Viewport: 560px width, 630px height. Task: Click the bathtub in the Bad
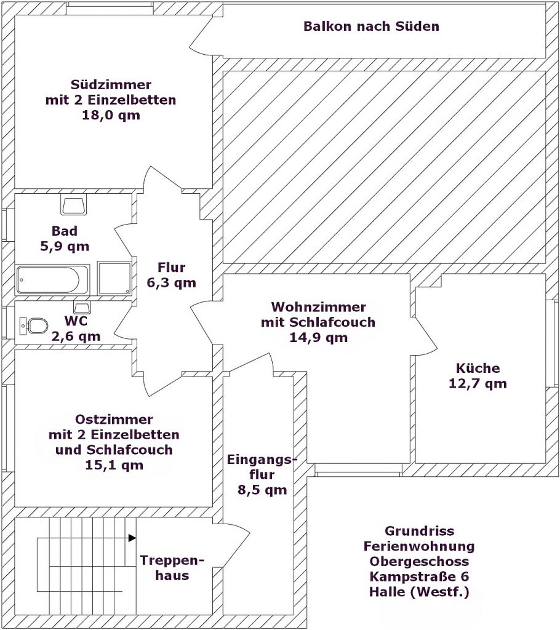pos(52,280)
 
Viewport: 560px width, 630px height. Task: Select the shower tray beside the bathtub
pos(114,278)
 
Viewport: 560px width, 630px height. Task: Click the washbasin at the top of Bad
pos(74,204)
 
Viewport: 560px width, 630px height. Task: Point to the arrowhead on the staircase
pos(132,538)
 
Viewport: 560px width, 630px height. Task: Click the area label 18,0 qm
pos(111,115)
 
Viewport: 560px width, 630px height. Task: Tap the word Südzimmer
pos(111,85)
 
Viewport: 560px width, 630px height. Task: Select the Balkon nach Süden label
pos(371,26)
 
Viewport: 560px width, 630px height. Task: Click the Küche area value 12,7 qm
pos(478,383)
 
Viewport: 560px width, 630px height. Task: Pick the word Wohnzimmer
pos(318,307)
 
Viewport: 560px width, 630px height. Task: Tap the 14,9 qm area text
pos(318,338)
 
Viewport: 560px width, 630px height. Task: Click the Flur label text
pos(172,267)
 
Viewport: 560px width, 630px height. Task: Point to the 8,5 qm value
pos(262,490)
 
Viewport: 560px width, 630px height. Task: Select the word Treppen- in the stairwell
pos(172,560)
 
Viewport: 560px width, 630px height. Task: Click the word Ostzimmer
pos(114,420)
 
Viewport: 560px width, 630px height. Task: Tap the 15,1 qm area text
pos(114,465)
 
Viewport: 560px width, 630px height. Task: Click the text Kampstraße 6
pos(419,576)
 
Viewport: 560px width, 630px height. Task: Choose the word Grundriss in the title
pos(419,531)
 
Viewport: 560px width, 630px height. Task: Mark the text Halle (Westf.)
pos(419,592)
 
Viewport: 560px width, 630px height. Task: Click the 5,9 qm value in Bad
pos(65,246)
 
